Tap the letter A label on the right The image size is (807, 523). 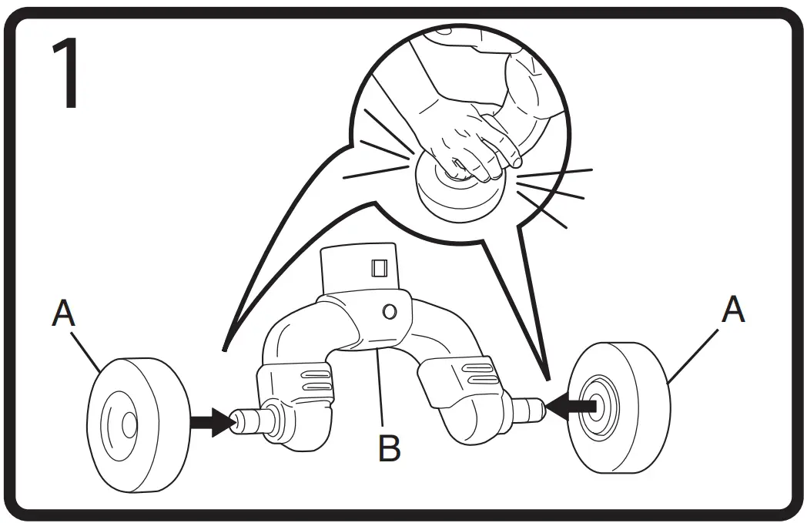(x=734, y=310)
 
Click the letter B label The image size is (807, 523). (x=390, y=448)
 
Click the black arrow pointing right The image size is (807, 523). (x=209, y=422)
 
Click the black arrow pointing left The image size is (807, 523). (x=571, y=405)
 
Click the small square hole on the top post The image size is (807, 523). (x=379, y=268)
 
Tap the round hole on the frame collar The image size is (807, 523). (x=390, y=312)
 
